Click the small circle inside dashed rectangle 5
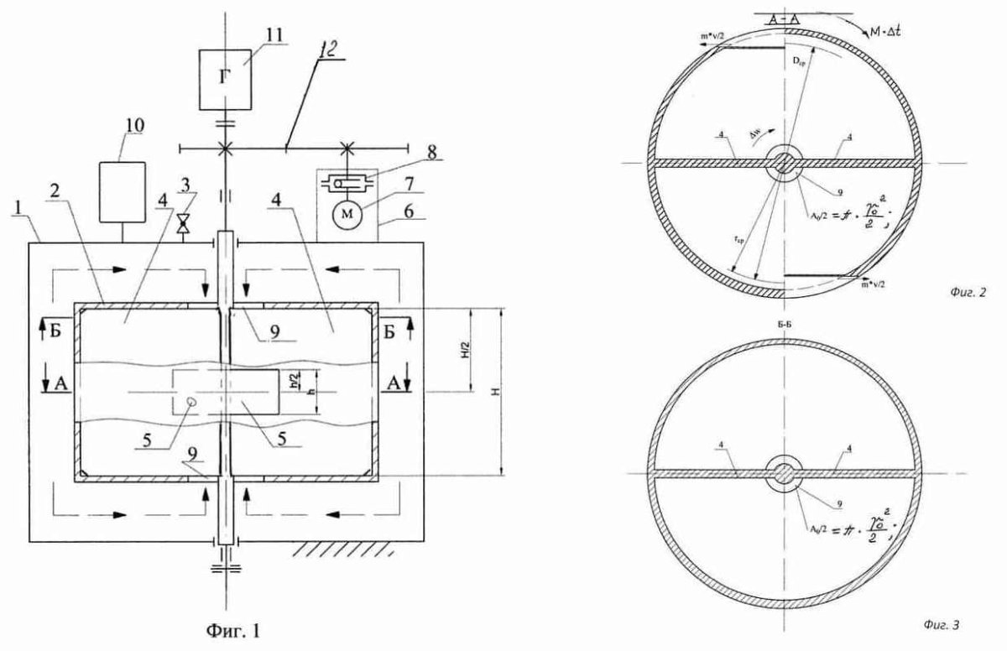coord(191,403)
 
